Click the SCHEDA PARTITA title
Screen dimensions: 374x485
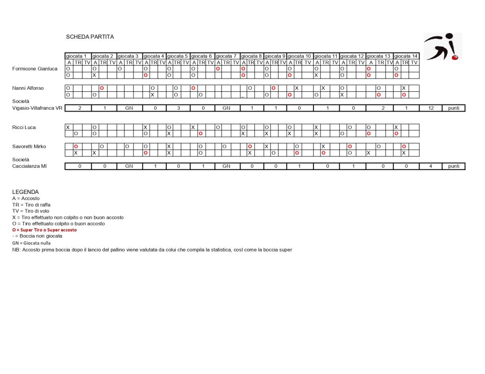(x=90, y=37)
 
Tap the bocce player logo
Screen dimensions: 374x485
(x=442, y=46)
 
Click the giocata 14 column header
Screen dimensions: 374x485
(x=406, y=56)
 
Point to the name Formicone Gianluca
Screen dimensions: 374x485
(x=35, y=69)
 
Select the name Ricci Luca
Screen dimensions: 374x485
(x=24, y=127)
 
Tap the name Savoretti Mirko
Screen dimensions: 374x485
(x=29, y=147)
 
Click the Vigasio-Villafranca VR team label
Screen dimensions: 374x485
(x=37, y=108)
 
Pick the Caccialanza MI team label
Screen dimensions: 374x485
(x=29, y=166)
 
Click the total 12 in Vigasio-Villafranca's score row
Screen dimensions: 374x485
(x=431, y=108)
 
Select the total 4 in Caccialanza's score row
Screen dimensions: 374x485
(x=431, y=166)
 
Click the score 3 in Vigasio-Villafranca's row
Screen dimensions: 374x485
(x=179, y=108)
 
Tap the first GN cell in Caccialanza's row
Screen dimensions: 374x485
(x=129, y=166)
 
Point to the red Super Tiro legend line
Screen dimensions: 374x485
(x=44, y=230)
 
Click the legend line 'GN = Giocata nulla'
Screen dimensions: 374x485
(x=31, y=243)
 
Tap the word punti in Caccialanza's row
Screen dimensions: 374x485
(x=453, y=166)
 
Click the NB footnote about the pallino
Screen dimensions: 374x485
(x=152, y=250)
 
